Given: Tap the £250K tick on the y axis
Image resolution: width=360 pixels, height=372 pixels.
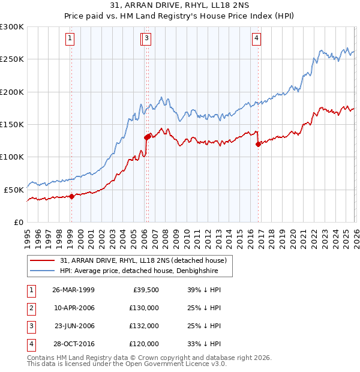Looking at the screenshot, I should click(x=12, y=59).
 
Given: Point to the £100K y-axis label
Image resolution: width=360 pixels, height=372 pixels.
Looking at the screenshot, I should click(x=12, y=157).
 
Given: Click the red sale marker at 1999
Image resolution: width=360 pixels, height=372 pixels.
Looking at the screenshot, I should click(x=71, y=196).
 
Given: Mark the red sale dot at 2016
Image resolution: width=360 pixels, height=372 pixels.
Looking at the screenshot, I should click(x=258, y=144).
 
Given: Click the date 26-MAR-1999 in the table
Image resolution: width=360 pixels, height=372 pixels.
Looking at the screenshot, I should click(x=73, y=289).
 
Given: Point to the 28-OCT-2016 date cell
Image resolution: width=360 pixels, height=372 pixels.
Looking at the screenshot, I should click(x=73, y=344).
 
